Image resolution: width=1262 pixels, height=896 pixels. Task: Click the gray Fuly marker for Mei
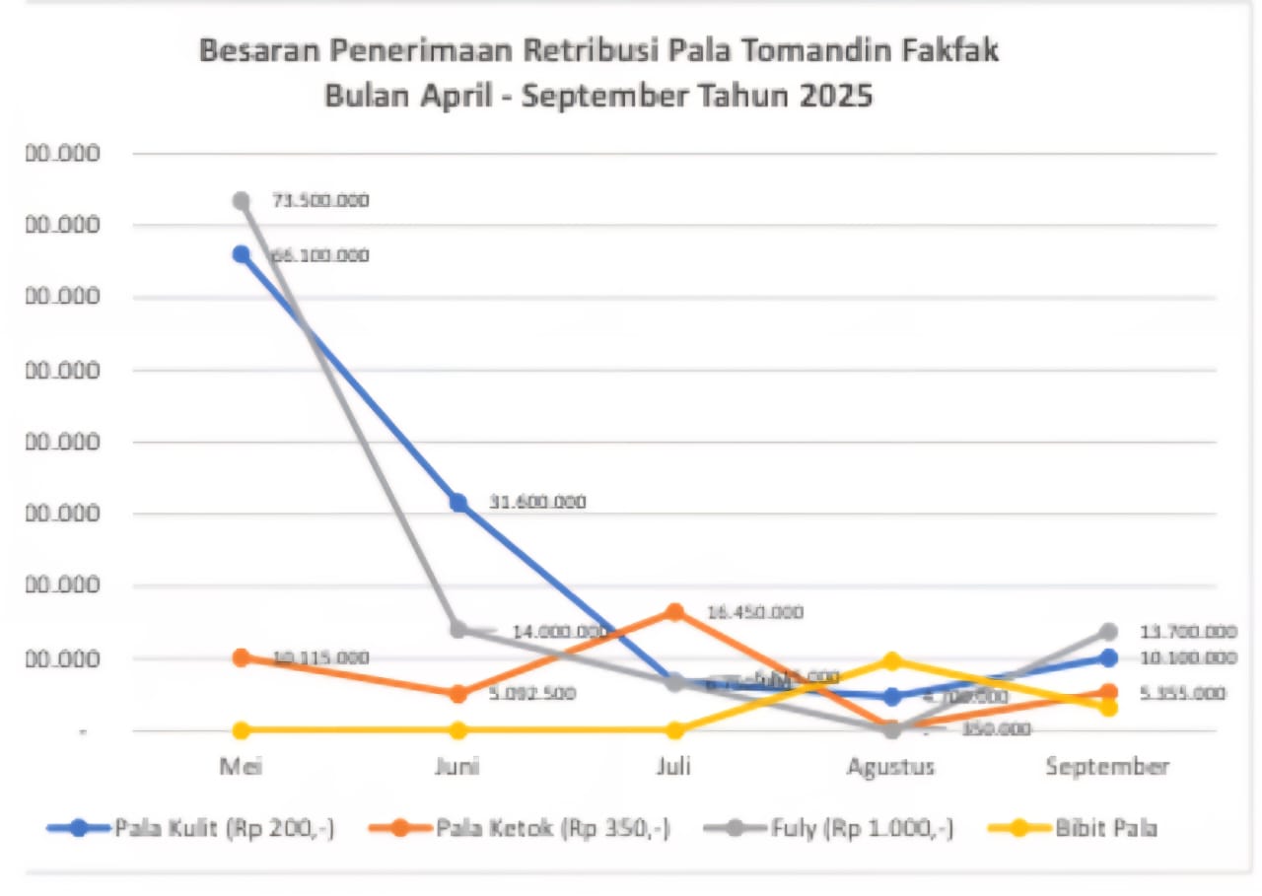[241, 201]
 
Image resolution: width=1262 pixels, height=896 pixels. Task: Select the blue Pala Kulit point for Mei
[241, 254]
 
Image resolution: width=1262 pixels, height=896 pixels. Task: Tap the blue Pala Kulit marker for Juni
[458, 503]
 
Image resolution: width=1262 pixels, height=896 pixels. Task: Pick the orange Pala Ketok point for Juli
[674, 612]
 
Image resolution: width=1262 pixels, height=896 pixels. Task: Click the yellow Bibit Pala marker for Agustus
[892, 660]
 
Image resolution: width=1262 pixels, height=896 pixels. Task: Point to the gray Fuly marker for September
[1108, 631]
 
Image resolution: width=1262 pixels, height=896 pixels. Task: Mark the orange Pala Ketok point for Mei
[241, 657]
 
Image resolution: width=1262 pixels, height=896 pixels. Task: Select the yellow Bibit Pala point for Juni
[458, 730]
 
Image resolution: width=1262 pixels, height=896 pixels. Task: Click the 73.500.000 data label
[320, 201]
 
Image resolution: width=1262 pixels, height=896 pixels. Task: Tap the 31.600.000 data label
[537, 503]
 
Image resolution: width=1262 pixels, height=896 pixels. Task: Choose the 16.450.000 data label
[755, 612]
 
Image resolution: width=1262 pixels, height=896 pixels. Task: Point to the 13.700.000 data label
[1188, 632]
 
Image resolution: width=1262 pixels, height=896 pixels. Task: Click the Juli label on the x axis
[674, 767]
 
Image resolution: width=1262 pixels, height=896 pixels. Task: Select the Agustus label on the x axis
[891, 767]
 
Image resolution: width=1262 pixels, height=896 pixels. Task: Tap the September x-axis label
[1107, 767]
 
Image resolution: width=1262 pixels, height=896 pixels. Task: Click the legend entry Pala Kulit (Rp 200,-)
[224, 828]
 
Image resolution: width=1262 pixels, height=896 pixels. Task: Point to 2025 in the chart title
[833, 98]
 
